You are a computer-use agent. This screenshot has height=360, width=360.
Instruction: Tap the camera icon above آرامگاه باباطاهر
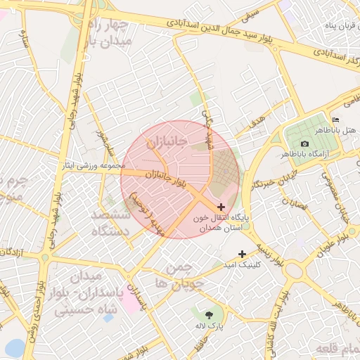[x=304, y=143]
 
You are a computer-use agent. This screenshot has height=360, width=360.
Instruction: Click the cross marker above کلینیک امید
[x=243, y=254]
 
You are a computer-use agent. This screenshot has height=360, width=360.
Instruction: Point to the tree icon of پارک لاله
[x=209, y=314]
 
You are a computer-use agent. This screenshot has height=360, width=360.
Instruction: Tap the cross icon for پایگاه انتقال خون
[x=222, y=207]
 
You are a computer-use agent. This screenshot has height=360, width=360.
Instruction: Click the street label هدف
[x=257, y=120]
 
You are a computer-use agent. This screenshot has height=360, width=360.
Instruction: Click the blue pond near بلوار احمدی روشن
[x=13, y=347]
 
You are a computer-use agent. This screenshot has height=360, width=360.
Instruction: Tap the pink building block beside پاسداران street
[x=131, y=302]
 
